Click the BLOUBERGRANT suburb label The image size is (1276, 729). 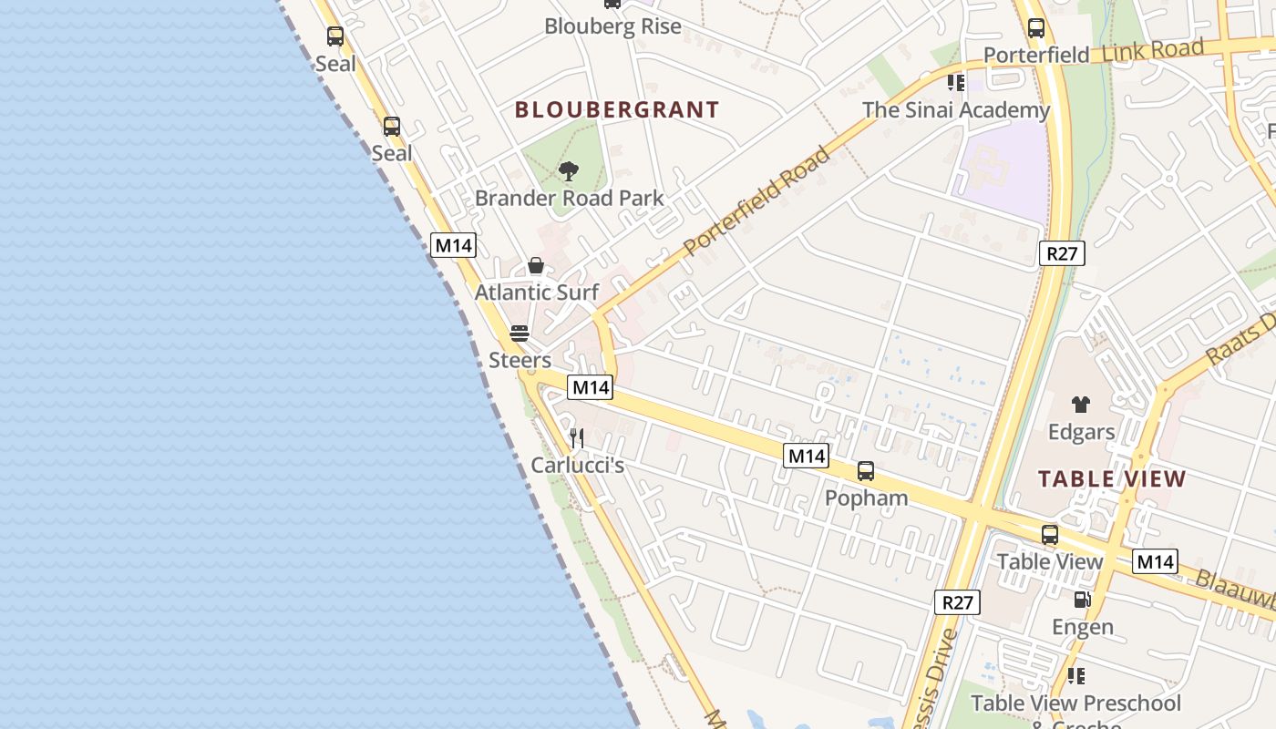(617, 110)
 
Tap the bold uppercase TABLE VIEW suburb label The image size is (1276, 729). (1112, 479)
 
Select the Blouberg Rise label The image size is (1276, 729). (612, 26)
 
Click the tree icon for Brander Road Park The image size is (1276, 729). (569, 170)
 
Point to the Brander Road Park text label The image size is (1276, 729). (569, 198)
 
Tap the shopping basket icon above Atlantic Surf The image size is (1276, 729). (536, 265)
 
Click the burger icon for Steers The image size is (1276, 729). (520, 334)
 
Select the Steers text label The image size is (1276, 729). (520, 360)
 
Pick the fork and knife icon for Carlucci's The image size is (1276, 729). (576, 438)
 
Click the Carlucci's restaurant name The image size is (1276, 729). (577, 465)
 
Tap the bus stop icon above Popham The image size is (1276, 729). (865, 471)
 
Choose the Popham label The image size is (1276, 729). (866, 498)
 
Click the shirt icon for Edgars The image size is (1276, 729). (1080, 405)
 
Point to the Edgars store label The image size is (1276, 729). (1081, 431)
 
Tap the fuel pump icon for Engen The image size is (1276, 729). (1082, 600)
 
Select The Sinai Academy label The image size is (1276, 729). (956, 110)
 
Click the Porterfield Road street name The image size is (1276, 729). (757, 200)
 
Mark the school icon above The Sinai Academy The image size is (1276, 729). (955, 83)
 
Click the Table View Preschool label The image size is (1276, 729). (1075, 703)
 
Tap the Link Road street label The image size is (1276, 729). (1152, 51)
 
